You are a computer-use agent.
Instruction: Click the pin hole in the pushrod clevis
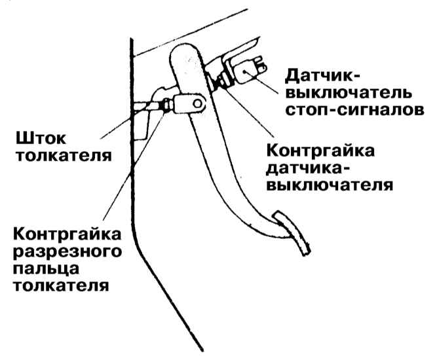[195, 103]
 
